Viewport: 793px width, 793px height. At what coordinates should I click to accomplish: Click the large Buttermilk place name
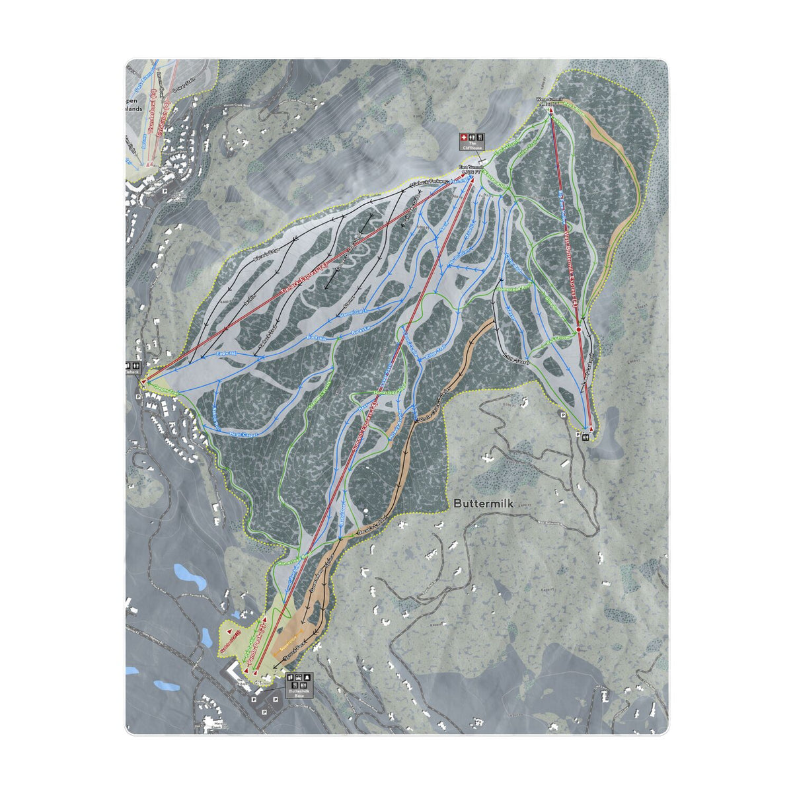[484, 503]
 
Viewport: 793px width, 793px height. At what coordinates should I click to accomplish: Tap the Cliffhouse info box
[472, 142]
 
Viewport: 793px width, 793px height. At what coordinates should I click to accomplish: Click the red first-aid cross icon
[464, 136]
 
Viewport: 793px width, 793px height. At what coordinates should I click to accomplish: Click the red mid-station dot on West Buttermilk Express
[578, 328]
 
